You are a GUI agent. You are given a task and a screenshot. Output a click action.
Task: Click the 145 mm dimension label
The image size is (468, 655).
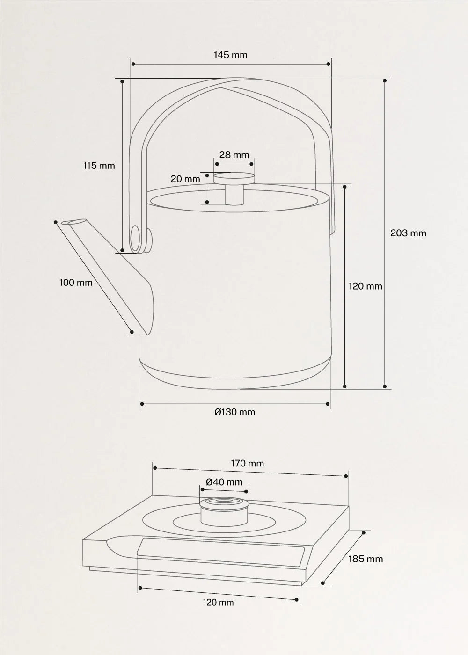point(230,55)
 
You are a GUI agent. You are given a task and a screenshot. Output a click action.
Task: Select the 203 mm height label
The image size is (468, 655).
point(408,233)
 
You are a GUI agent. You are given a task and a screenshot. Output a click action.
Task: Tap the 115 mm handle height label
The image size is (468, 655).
point(99,166)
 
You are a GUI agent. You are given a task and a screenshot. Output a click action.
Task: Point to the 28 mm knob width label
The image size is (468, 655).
point(234,155)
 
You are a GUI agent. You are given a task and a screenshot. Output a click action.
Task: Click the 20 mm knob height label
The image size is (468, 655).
point(185,179)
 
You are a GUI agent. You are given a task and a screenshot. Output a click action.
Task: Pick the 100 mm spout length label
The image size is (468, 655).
point(76,283)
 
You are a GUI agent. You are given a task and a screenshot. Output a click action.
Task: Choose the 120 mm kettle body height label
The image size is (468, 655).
point(365,286)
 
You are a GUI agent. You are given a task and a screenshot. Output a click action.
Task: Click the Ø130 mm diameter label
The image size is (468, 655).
point(235,412)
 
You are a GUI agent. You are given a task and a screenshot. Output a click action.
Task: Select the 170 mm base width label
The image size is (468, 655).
point(247,464)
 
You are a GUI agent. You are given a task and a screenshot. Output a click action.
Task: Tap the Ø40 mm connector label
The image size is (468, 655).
point(224,482)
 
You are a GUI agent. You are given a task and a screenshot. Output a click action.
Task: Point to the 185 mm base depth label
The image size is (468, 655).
point(366,559)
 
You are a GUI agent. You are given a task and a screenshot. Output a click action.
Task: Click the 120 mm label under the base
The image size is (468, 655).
point(218,603)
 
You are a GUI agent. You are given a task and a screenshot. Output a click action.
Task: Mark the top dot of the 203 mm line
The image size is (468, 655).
point(385,80)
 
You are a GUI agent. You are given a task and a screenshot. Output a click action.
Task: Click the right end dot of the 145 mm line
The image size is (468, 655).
point(329,64)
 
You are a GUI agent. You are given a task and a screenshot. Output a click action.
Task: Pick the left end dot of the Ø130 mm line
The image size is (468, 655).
point(140,403)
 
